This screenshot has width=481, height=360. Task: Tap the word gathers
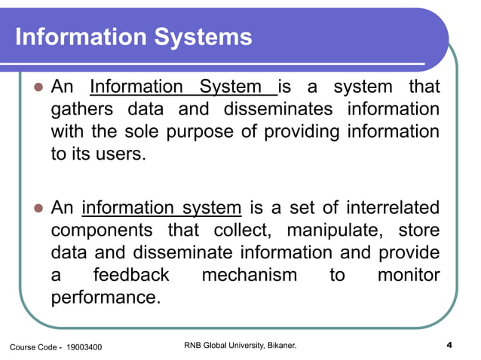tap(83, 110)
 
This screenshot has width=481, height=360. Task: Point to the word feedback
tap(131, 275)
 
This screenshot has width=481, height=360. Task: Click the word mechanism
tap(249, 275)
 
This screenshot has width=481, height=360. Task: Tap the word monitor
tap(408, 275)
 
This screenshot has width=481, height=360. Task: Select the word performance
tap(106, 297)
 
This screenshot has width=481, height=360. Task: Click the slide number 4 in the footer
tap(449, 346)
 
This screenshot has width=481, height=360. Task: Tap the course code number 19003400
tap(84, 347)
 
